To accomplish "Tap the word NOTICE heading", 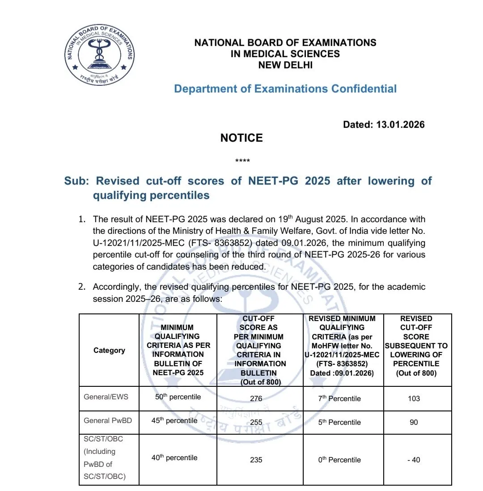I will [241, 138].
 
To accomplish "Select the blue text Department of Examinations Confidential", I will [285, 89].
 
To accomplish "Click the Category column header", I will [109, 350].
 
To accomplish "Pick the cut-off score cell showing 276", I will [256, 398].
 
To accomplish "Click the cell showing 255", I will [256, 422].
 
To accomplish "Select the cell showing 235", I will [256, 460].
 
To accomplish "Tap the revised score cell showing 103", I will [414, 398].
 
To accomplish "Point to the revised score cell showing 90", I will [414, 422].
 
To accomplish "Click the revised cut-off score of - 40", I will [414, 460].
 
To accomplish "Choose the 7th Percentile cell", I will [339, 398].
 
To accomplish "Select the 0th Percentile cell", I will [339, 460].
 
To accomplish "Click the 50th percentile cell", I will [178, 397].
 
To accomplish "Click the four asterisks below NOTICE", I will [242, 161].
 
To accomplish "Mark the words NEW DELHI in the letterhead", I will [285, 65].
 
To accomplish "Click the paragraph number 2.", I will [81, 287].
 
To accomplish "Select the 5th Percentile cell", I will [339, 422].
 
